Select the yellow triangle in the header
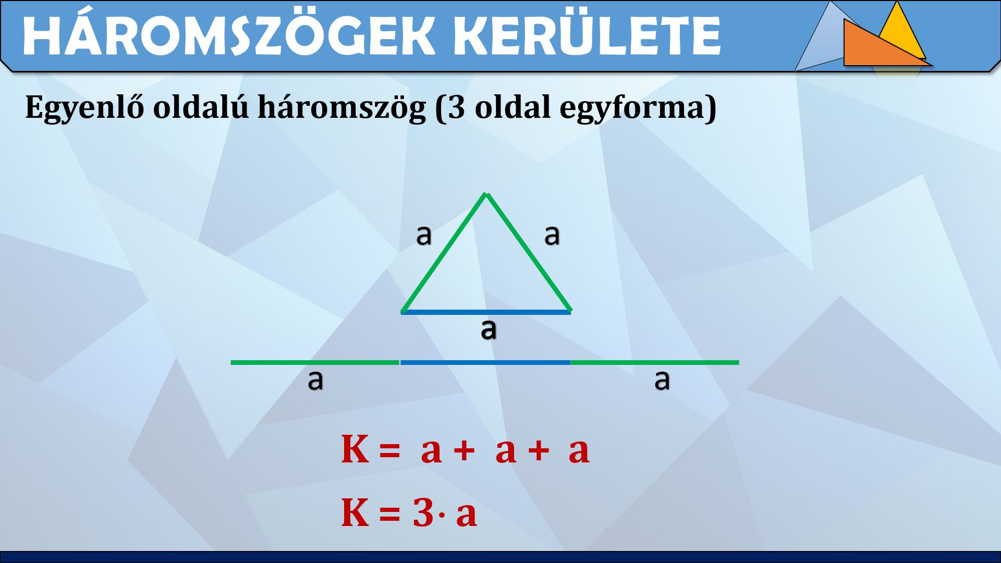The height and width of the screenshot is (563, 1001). (x=901, y=31)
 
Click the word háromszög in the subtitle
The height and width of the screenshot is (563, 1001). (x=342, y=108)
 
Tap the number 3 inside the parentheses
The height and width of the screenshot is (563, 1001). (x=456, y=107)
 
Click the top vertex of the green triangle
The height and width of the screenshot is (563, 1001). (x=486, y=194)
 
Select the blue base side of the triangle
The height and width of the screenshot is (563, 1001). (x=486, y=312)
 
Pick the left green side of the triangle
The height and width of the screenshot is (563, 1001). (x=444, y=253)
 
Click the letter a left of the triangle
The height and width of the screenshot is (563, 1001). (x=424, y=235)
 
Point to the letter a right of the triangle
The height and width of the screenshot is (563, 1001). (x=552, y=235)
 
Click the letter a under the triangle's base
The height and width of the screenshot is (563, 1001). (x=489, y=329)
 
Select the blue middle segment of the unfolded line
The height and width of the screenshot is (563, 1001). (x=485, y=362)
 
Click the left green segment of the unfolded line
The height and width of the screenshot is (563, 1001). (x=315, y=362)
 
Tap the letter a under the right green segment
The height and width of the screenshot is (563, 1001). (x=662, y=380)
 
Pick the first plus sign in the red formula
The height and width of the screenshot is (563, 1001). (x=463, y=450)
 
